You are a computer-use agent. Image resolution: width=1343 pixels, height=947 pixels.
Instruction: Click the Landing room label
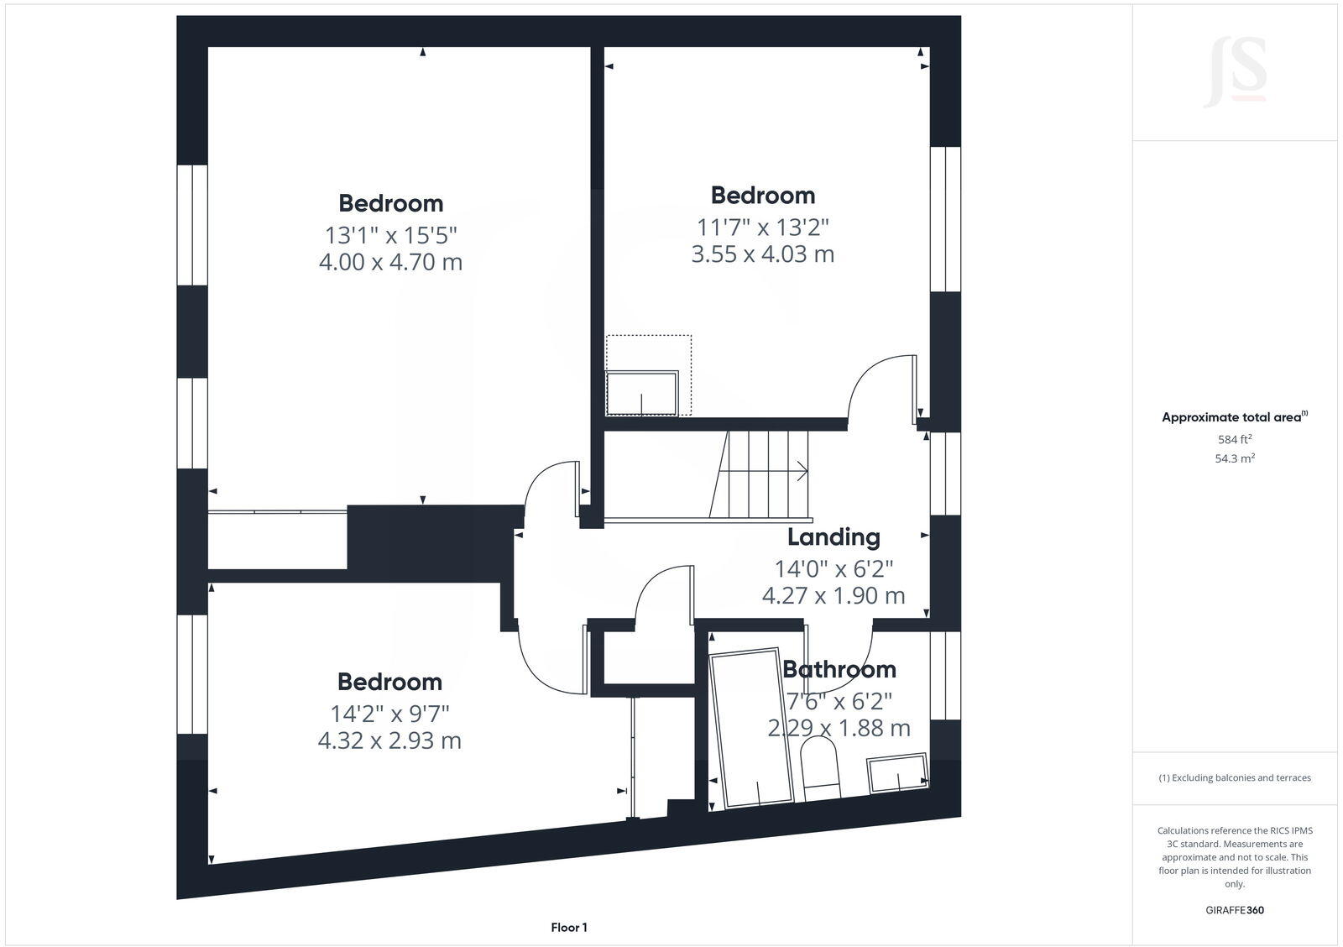click(833, 537)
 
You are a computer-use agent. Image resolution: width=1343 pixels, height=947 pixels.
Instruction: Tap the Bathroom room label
click(839, 669)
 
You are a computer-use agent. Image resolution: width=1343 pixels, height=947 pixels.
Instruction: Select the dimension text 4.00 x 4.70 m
click(390, 262)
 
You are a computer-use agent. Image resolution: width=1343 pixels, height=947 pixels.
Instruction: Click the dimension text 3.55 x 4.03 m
click(762, 254)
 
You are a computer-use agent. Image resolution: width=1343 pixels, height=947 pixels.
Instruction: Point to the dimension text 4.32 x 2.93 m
click(389, 740)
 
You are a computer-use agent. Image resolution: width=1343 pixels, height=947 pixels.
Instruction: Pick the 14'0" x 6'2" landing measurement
click(833, 568)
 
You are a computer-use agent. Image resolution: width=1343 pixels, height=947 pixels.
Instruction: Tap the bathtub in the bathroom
click(750, 727)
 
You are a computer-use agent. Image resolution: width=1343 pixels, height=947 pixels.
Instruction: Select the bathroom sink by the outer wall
click(897, 772)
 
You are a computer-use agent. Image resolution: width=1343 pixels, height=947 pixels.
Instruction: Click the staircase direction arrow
click(802, 471)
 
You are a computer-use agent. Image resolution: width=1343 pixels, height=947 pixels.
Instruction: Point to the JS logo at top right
click(1235, 74)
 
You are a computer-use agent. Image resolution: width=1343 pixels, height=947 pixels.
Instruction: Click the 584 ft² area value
click(1235, 439)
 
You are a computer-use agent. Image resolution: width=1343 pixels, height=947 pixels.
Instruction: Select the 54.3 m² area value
click(1235, 458)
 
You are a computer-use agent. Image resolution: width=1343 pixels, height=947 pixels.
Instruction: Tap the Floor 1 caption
click(569, 927)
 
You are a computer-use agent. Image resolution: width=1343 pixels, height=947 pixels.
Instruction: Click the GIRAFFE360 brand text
click(1235, 910)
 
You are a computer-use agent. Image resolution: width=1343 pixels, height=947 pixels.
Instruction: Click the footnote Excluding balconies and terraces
click(1235, 777)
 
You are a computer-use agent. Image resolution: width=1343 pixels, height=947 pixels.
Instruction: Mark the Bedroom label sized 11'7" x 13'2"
click(762, 195)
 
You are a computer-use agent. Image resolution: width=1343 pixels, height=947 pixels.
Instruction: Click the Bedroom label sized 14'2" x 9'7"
click(389, 682)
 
